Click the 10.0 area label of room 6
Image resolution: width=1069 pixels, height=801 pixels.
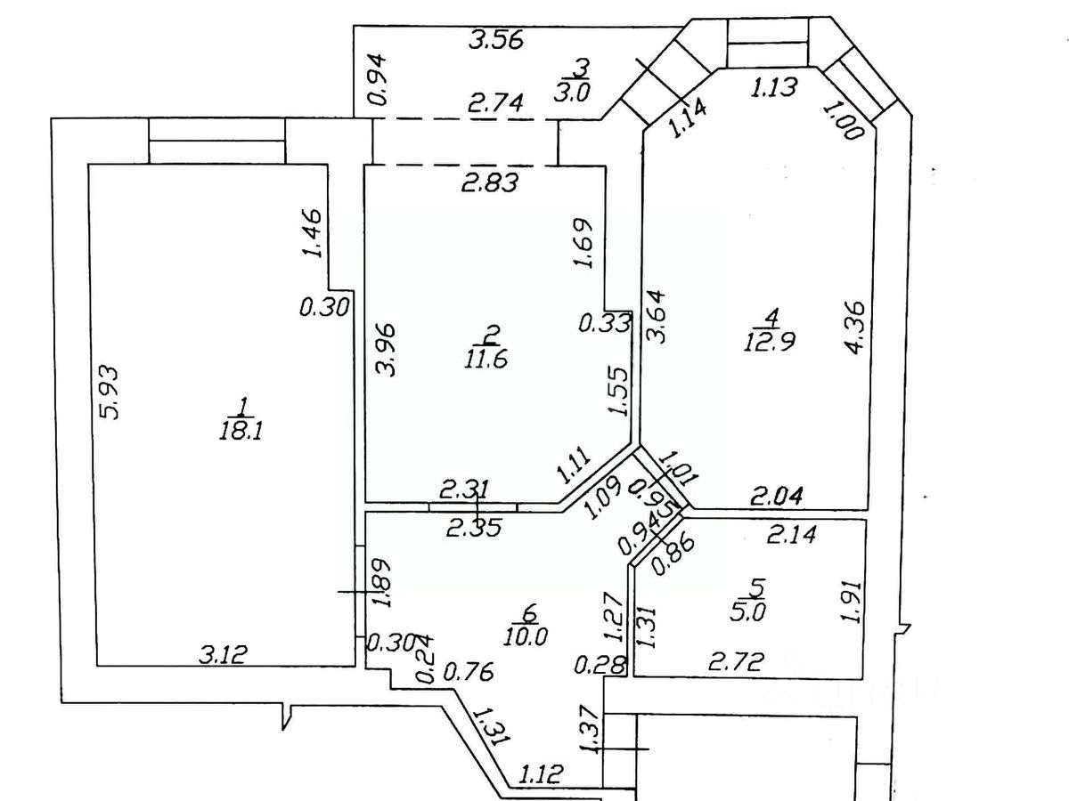point(529,635)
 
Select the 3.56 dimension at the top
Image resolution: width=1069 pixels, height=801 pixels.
point(496,39)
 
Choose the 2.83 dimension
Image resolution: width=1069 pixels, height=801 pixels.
point(489,183)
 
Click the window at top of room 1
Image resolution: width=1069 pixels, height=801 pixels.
point(216,141)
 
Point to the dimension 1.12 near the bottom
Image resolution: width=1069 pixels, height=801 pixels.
point(541,774)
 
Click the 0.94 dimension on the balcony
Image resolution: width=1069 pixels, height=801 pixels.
point(378,79)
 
